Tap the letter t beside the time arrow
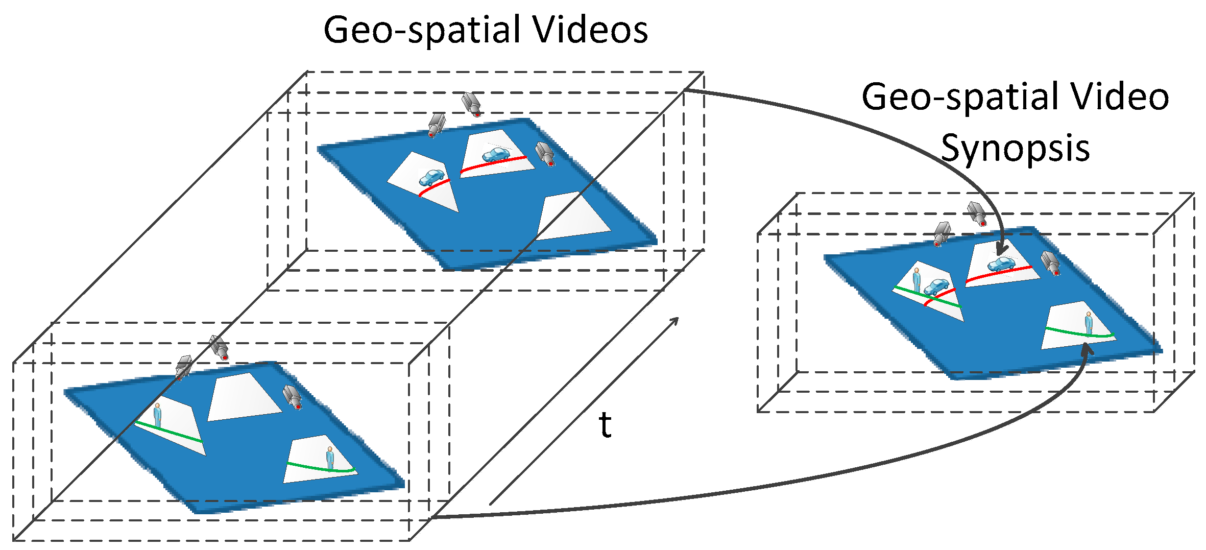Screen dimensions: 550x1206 (605, 425)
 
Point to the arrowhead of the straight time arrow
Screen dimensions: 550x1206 (675, 320)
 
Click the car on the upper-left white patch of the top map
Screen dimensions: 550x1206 (431, 178)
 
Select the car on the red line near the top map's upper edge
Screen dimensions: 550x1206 (496, 154)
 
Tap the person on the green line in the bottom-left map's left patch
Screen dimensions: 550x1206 (157, 415)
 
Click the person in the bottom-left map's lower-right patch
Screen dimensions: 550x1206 (330, 458)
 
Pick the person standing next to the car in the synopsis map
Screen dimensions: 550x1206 (916, 280)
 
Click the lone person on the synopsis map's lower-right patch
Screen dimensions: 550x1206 (1089, 323)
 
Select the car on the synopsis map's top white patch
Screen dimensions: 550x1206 (1001, 264)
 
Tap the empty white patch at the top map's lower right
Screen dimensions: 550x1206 (572, 217)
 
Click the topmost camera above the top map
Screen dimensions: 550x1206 (471, 104)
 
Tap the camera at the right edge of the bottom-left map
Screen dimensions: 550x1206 (293, 397)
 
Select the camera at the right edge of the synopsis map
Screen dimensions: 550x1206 (1051, 263)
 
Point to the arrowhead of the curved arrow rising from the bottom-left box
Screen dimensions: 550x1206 (1087, 350)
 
